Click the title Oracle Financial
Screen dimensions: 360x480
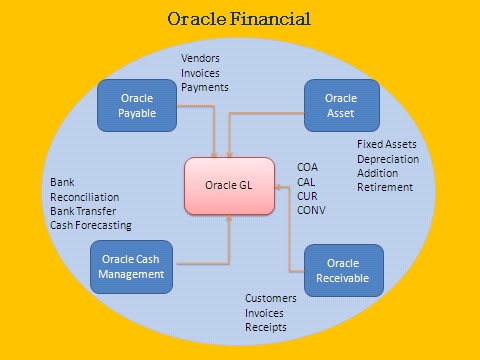(240, 19)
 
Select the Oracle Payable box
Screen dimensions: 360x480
(136, 105)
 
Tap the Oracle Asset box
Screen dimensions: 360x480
(341, 105)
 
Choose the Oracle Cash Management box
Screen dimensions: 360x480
(130, 266)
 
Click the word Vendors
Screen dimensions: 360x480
(200, 59)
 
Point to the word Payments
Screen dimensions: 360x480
(205, 87)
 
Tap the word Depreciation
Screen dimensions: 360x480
(388, 159)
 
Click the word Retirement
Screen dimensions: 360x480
(385, 187)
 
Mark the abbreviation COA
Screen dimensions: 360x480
(308, 167)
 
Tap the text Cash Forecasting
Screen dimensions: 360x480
(91, 225)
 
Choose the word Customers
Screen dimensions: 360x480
(272, 299)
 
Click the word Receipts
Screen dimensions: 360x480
(266, 327)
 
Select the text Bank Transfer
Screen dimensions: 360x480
(85, 211)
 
